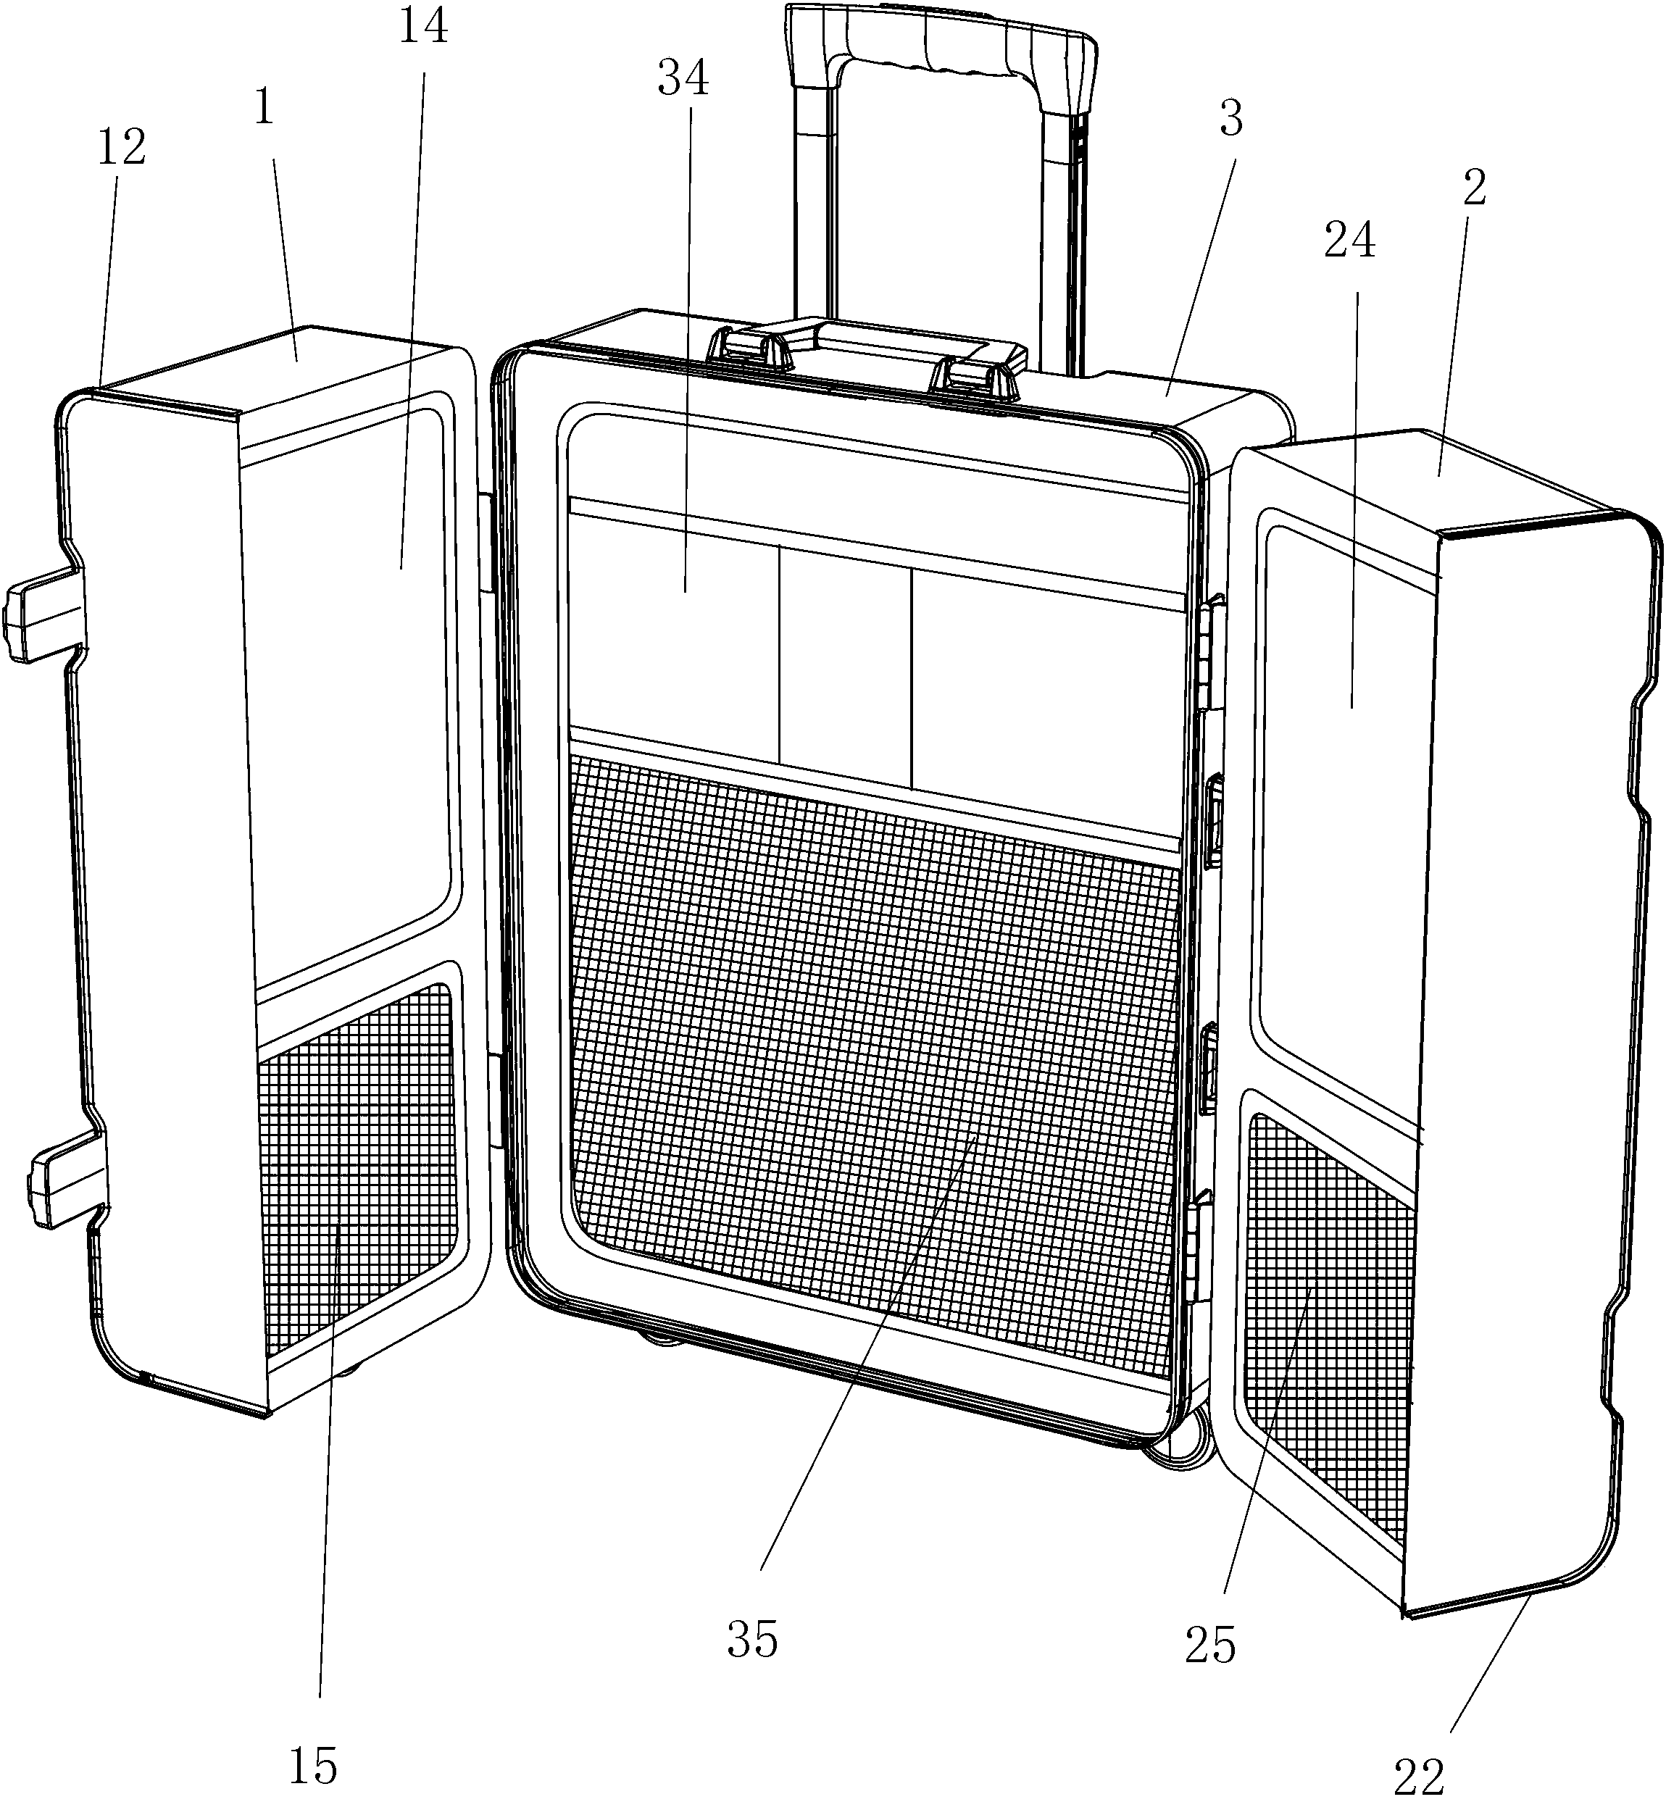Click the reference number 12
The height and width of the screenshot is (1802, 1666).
[122, 147]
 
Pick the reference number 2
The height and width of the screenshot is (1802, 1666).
[1475, 188]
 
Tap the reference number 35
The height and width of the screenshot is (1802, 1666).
[753, 1640]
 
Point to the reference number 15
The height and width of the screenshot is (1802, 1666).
[313, 1764]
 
